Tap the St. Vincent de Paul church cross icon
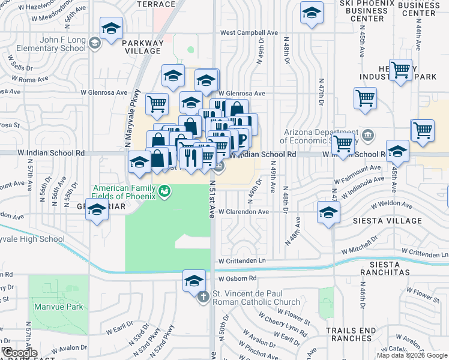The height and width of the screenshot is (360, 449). [203, 296]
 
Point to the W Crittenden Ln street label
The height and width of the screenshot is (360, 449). [242, 261]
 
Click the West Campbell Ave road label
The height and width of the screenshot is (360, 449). [249, 33]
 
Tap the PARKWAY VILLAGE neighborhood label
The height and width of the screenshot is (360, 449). [142, 47]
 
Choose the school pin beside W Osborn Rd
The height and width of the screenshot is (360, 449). [194, 281]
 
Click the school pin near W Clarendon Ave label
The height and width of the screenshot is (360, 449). [328, 212]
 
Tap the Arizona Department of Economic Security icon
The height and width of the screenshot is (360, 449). [367, 134]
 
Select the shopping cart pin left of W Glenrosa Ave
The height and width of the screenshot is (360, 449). [157, 103]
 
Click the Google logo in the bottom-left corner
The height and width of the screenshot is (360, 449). [20, 353]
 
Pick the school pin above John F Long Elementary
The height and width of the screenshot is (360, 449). [111, 29]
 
